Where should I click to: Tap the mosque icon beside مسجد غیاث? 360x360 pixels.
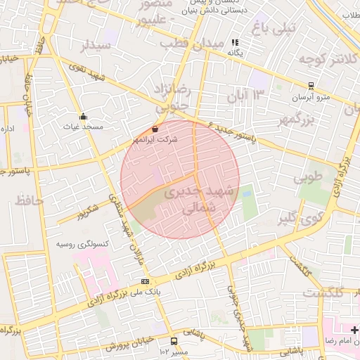[x=84, y=116]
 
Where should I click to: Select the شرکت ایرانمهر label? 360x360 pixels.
[x=160, y=139]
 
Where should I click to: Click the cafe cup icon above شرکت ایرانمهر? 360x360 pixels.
[x=155, y=129]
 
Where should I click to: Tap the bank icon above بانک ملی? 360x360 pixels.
[x=145, y=281]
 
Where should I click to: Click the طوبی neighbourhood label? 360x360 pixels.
[x=310, y=178]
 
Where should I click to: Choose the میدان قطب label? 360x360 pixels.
[x=191, y=44]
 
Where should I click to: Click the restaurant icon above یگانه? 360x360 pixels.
[x=235, y=43]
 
